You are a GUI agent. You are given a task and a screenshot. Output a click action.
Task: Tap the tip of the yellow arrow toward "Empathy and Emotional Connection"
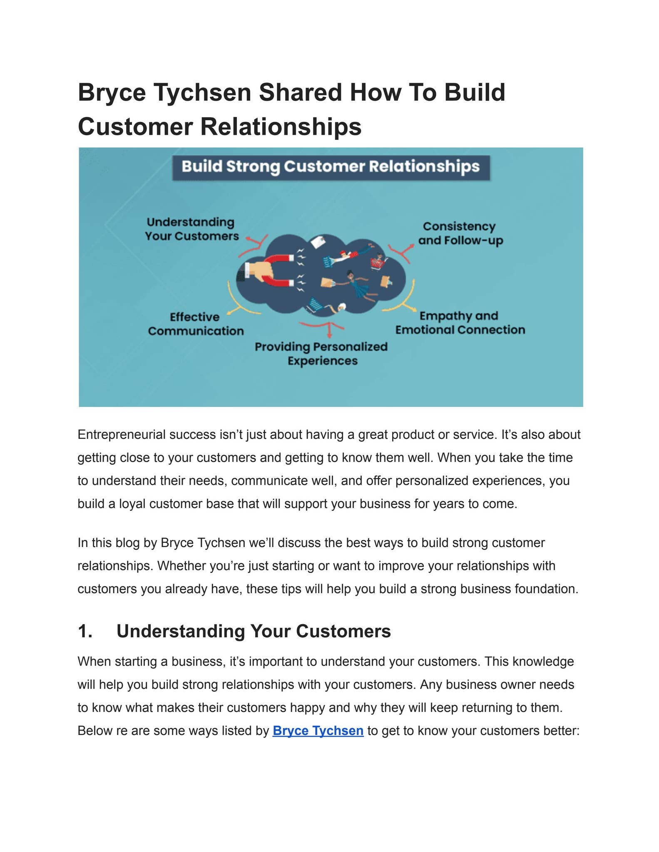[415, 310]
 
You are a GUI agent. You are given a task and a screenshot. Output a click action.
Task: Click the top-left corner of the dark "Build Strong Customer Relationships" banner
[173, 156]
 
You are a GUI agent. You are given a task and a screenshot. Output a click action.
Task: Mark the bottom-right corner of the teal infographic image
[583, 406]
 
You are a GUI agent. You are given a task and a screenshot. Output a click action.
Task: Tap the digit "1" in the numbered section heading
[83, 631]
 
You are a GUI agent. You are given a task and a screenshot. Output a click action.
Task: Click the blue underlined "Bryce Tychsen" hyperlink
[318, 731]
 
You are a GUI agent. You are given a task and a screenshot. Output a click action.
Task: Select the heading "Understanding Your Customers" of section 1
[254, 631]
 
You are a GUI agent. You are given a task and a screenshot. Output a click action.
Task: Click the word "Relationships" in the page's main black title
[281, 126]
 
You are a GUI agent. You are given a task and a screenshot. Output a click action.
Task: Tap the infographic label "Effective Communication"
[196, 324]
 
